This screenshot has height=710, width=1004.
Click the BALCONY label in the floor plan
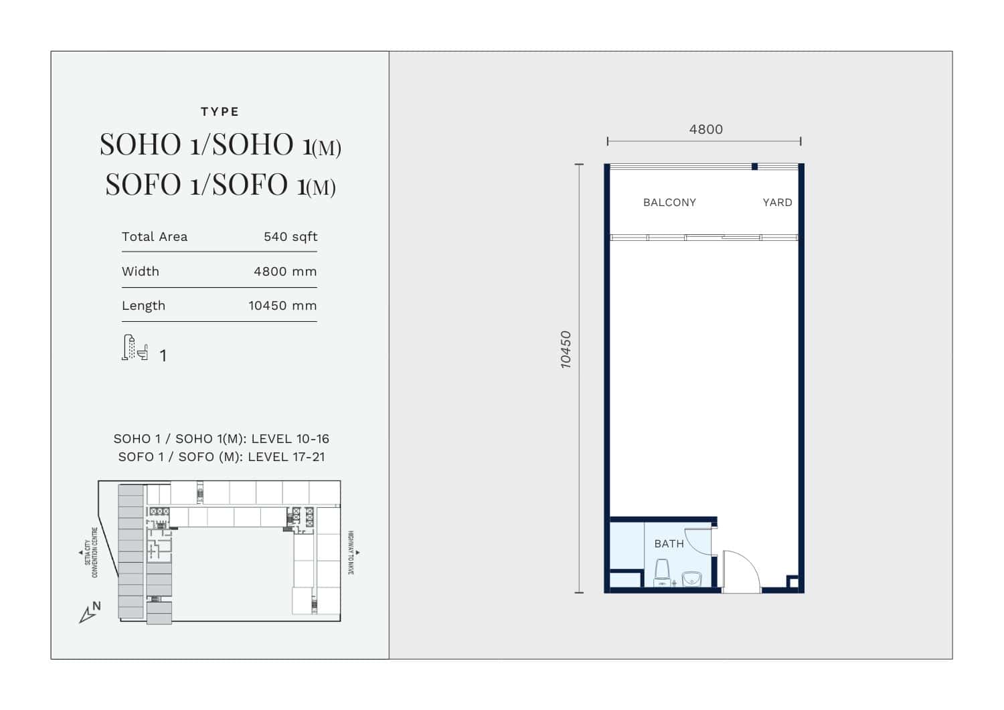coord(669,203)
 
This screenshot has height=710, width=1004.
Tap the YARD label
coord(777,203)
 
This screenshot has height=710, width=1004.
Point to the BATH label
coord(669,543)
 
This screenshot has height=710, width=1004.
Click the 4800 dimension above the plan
coord(705,130)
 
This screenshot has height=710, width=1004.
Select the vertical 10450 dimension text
coord(566,350)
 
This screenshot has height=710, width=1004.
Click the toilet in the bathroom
coord(662,572)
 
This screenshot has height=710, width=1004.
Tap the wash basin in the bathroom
coord(691,579)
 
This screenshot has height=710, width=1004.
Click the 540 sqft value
coord(290,237)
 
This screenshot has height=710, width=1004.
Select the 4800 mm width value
coord(285,272)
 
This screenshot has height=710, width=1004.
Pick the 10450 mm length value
coord(282,306)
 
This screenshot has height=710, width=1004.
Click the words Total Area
coord(155,237)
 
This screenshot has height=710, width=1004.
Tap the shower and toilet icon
coord(135,347)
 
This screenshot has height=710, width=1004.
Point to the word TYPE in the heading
coord(220,112)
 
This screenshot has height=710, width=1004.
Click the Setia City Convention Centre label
coord(91,552)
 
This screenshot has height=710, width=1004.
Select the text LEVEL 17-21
coord(286,457)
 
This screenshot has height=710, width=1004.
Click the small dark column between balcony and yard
coord(755,167)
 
